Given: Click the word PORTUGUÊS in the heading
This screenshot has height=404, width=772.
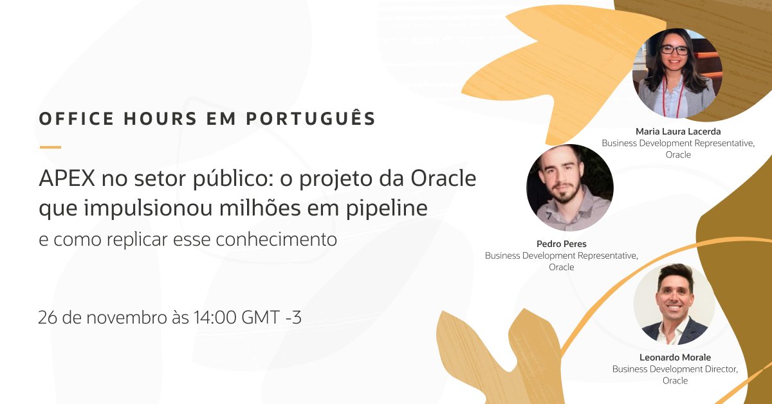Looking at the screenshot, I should (x=311, y=119).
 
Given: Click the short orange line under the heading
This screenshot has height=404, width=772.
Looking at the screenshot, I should (x=50, y=147).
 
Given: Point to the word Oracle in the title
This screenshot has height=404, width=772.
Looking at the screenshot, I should (x=445, y=178).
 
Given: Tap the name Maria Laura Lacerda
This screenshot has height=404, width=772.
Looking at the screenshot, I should (x=678, y=131).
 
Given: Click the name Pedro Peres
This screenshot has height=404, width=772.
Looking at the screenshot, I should (x=561, y=244).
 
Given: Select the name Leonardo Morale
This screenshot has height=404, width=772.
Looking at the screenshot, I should (x=675, y=357).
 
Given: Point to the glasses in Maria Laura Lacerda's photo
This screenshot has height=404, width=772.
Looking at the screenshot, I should (x=674, y=50).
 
